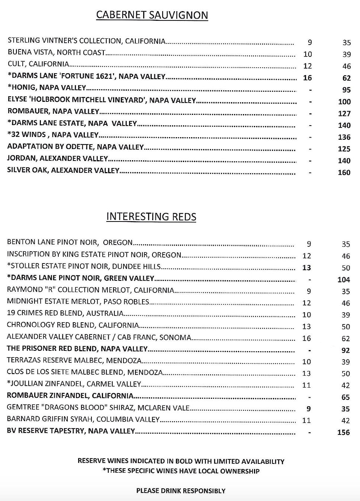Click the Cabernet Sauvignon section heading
(x=152, y=15)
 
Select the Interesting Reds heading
(x=151, y=217)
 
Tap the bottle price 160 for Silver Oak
(x=344, y=172)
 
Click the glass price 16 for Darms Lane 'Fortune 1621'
(x=307, y=78)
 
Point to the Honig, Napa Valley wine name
(x=47, y=88)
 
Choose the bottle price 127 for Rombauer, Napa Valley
(x=344, y=113)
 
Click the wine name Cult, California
(x=38, y=64)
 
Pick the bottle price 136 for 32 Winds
(x=344, y=137)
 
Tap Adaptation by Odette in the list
(x=75, y=147)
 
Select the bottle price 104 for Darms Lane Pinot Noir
(x=344, y=279)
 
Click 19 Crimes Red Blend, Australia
(x=65, y=313)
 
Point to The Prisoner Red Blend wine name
(x=77, y=349)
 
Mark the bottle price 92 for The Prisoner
(x=345, y=350)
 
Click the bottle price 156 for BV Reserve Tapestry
(x=344, y=432)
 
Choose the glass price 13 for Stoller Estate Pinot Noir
(x=306, y=268)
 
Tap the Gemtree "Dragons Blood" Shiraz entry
(x=98, y=408)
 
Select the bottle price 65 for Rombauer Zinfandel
(x=345, y=397)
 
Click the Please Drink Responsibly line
(x=181, y=491)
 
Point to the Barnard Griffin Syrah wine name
(x=83, y=420)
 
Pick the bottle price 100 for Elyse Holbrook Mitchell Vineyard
(x=344, y=101)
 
